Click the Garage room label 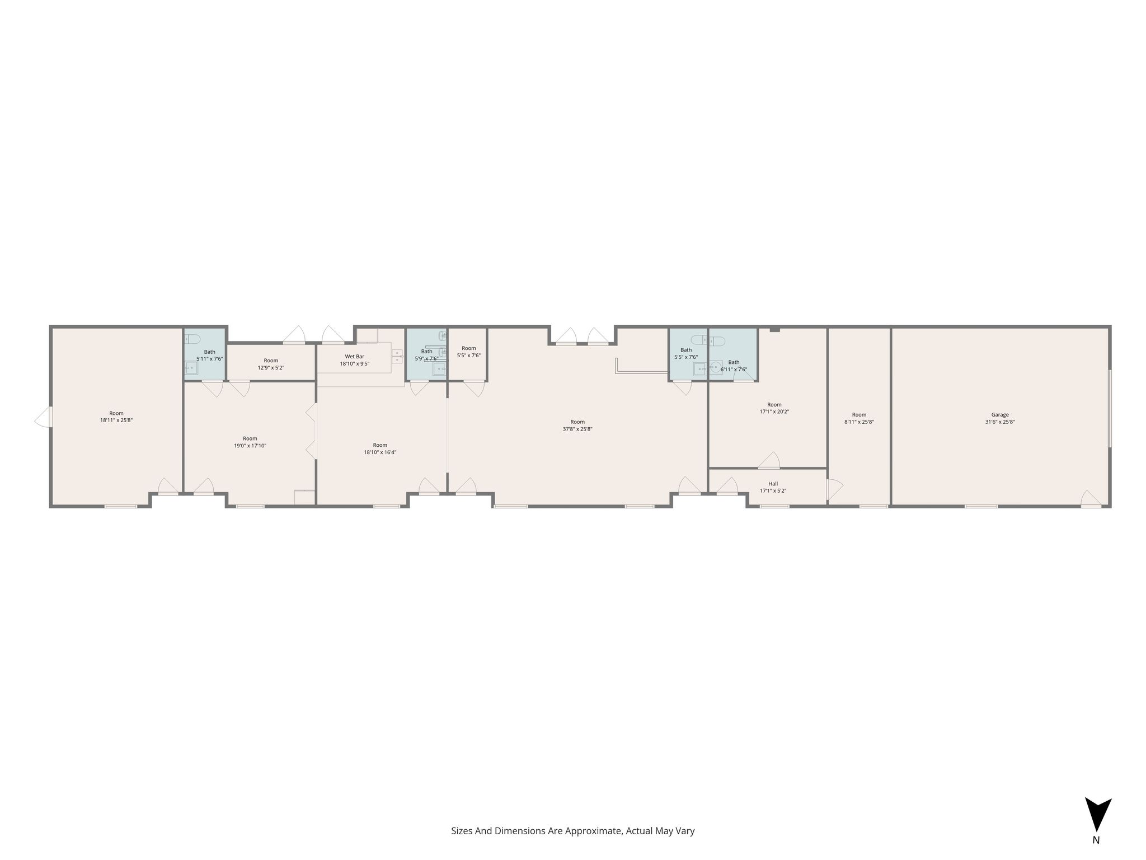1000,415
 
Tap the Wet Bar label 354,356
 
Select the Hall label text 773,484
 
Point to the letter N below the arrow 1096,855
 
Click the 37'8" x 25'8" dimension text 577,429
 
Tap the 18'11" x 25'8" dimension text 116,420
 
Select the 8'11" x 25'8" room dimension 859,422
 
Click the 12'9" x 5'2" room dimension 271,368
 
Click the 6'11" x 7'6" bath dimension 734,369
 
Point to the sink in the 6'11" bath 716,367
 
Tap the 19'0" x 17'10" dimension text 250,446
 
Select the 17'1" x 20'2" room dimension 774,412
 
